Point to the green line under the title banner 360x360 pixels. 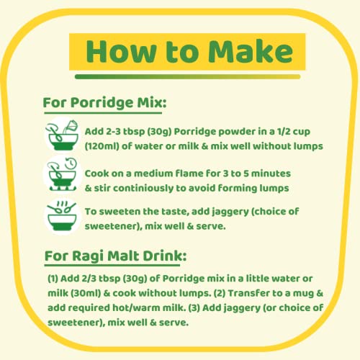[x=187, y=76]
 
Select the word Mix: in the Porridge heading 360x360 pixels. [x=152, y=102]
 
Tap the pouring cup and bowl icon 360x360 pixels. [x=63, y=135]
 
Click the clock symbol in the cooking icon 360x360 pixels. [x=71, y=163]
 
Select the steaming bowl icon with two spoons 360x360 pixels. [x=62, y=215]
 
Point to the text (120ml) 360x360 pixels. [x=102, y=146]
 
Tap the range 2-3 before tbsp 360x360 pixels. [x=109, y=132]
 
